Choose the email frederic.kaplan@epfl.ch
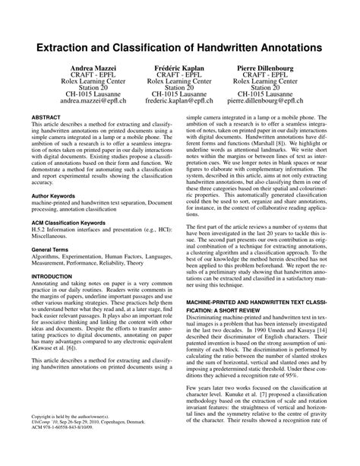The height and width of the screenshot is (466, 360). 180,100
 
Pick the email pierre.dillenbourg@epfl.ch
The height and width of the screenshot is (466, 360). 270,100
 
